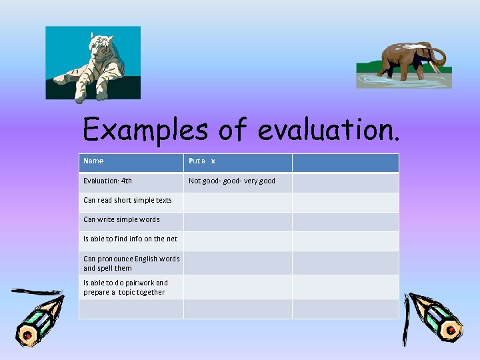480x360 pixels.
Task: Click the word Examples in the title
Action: pyautogui.click(x=145, y=129)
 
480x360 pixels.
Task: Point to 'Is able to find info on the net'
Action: pyautogui.click(x=130, y=239)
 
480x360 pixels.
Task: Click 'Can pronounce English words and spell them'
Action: pyautogui.click(x=131, y=263)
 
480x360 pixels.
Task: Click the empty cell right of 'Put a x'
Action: pyautogui.click(x=345, y=163)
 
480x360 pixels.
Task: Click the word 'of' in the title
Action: pyautogui.click(x=233, y=129)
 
